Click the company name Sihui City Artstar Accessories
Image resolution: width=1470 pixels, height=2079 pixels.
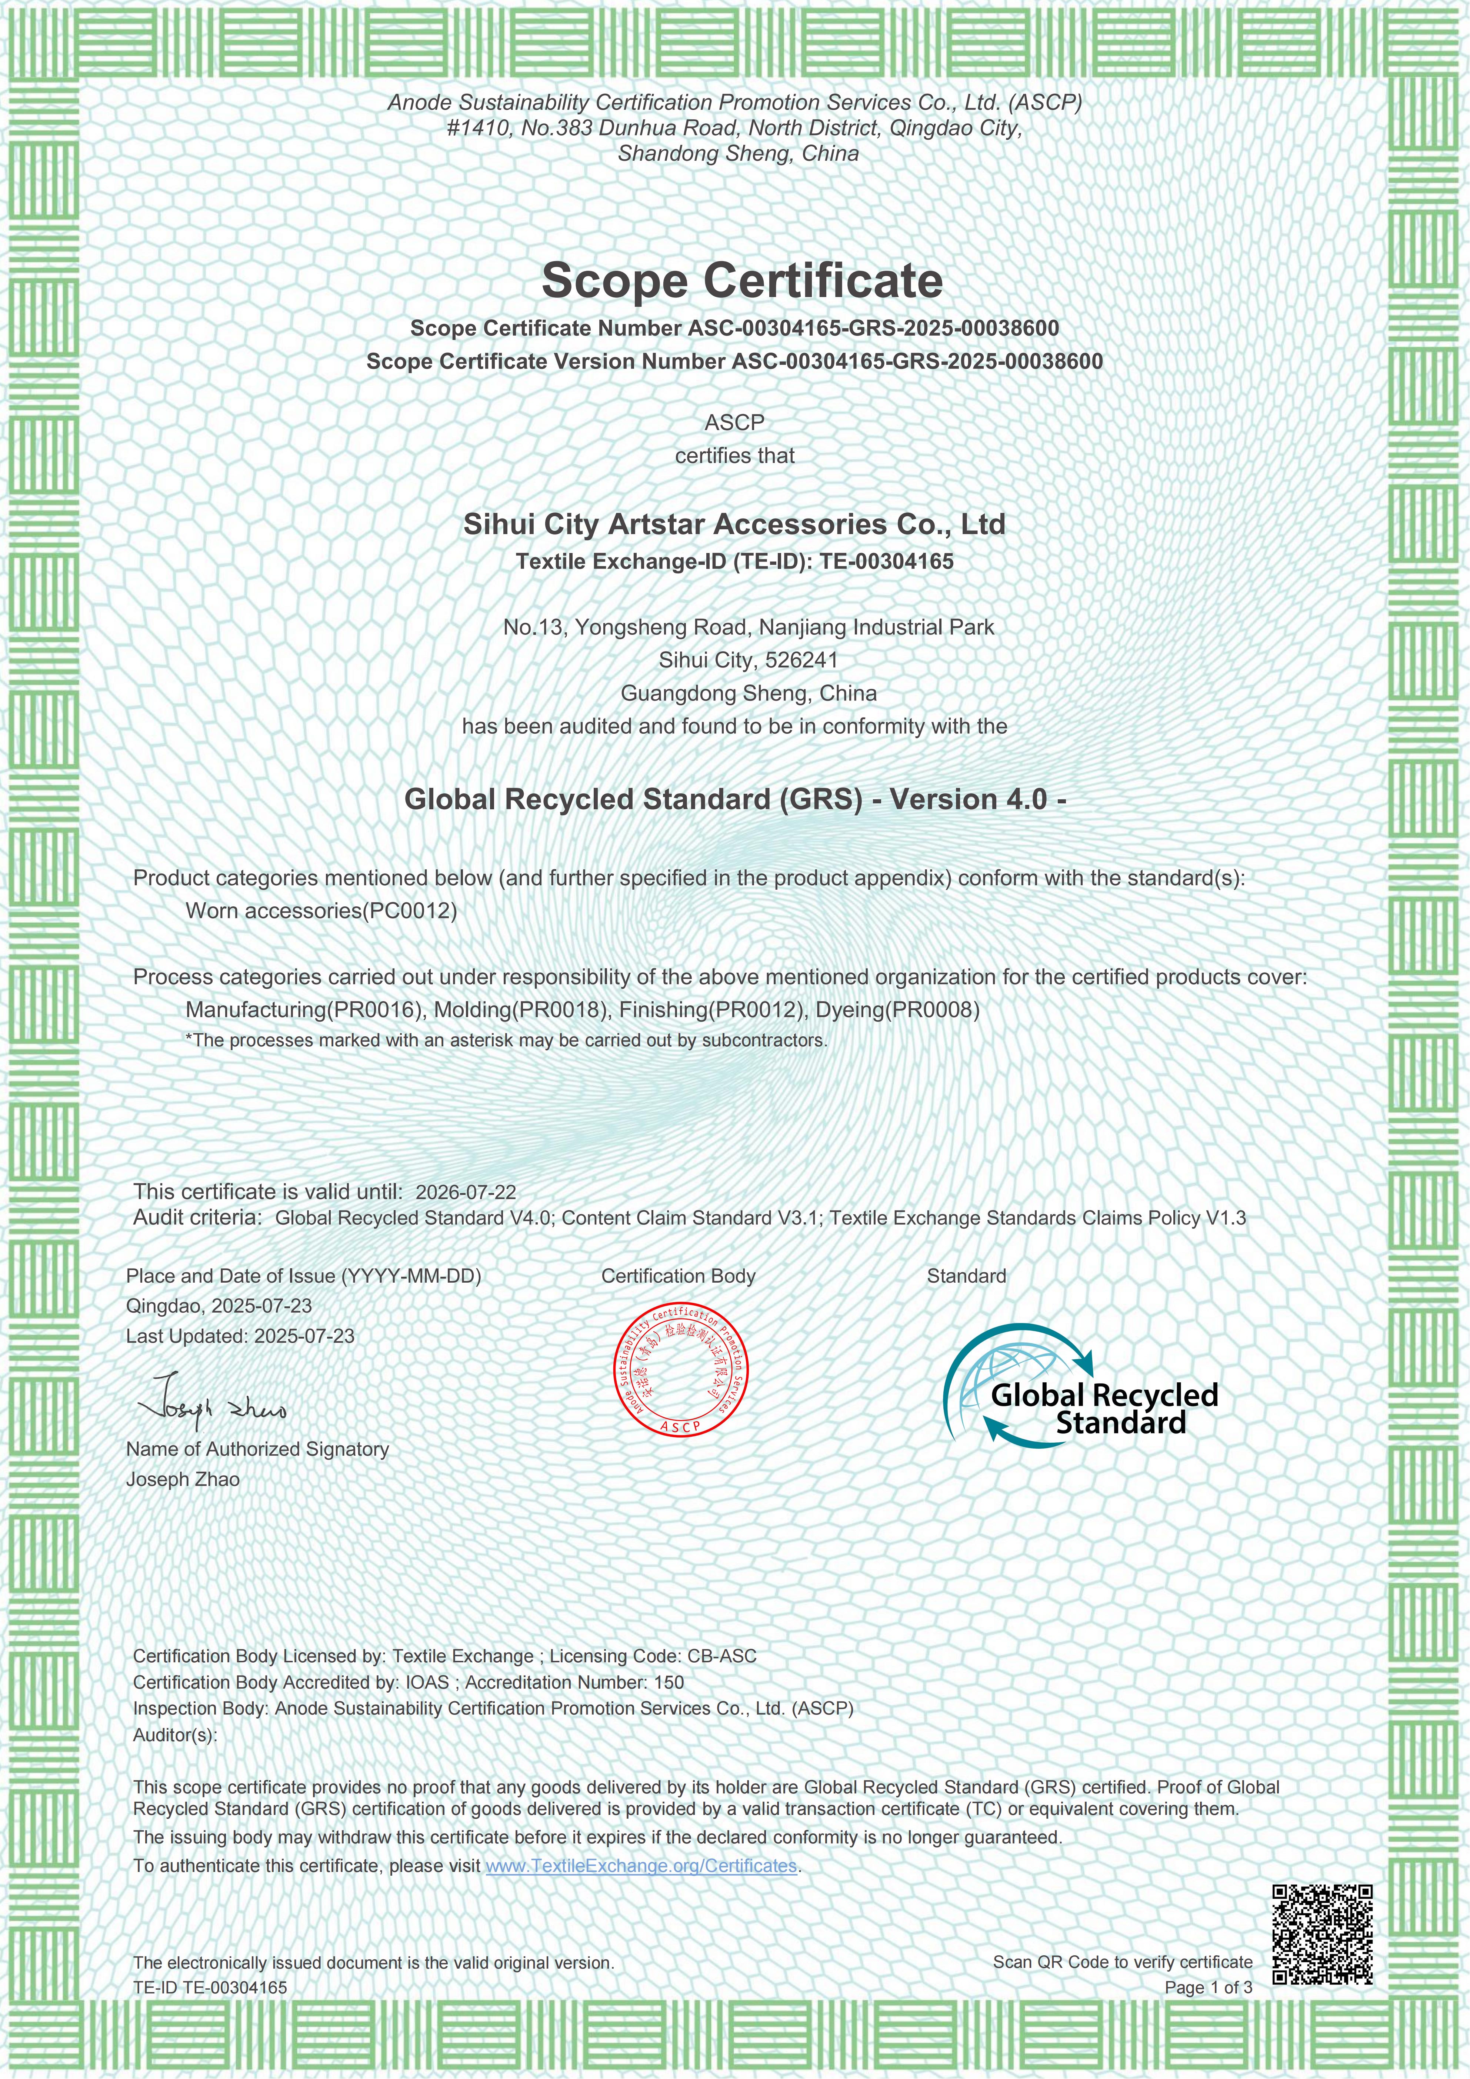pyautogui.click(x=734, y=524)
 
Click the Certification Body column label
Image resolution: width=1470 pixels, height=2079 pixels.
pyautogui.click(x=678, y=1276)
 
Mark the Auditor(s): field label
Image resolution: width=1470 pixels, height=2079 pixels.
pyautogui.click(x=175, y=1735)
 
